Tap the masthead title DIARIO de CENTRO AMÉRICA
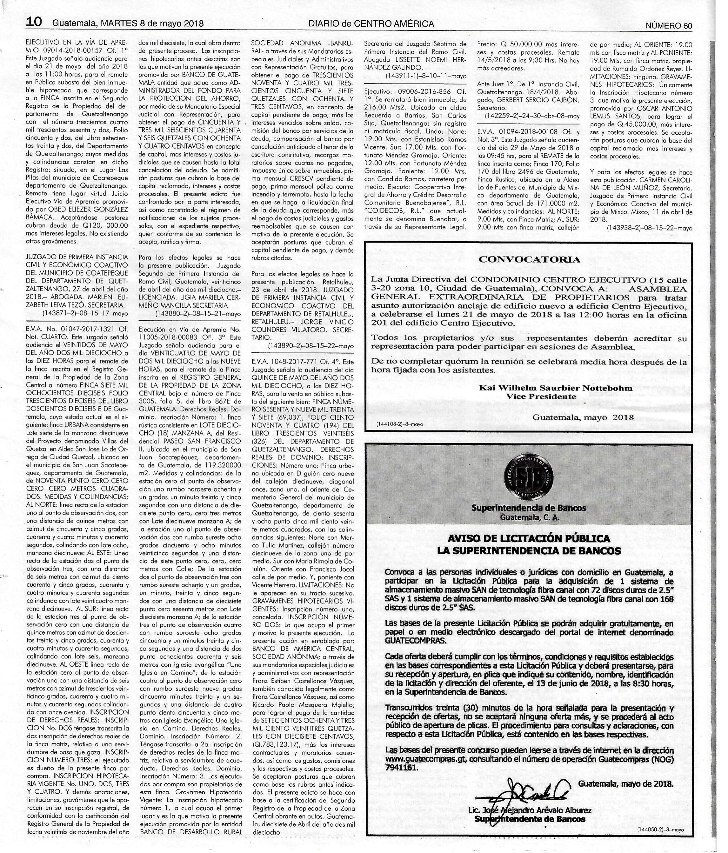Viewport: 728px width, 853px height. click(371, 24)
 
